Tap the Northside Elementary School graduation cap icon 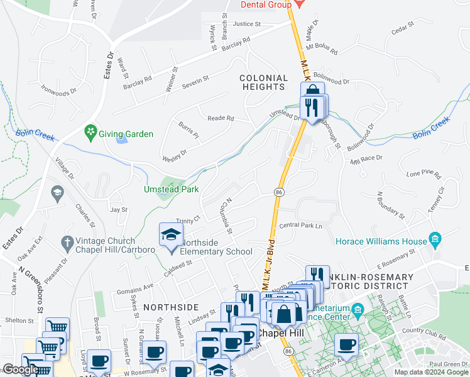170,235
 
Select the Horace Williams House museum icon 435,239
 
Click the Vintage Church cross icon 67,241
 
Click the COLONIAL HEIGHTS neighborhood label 263,82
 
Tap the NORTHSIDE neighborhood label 167,307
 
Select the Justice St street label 246,24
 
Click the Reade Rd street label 221,118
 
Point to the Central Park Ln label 300,225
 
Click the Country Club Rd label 423,330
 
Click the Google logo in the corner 21,369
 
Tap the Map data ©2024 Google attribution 430,372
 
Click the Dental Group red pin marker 299,4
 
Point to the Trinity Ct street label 187,220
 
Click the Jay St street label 119,209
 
